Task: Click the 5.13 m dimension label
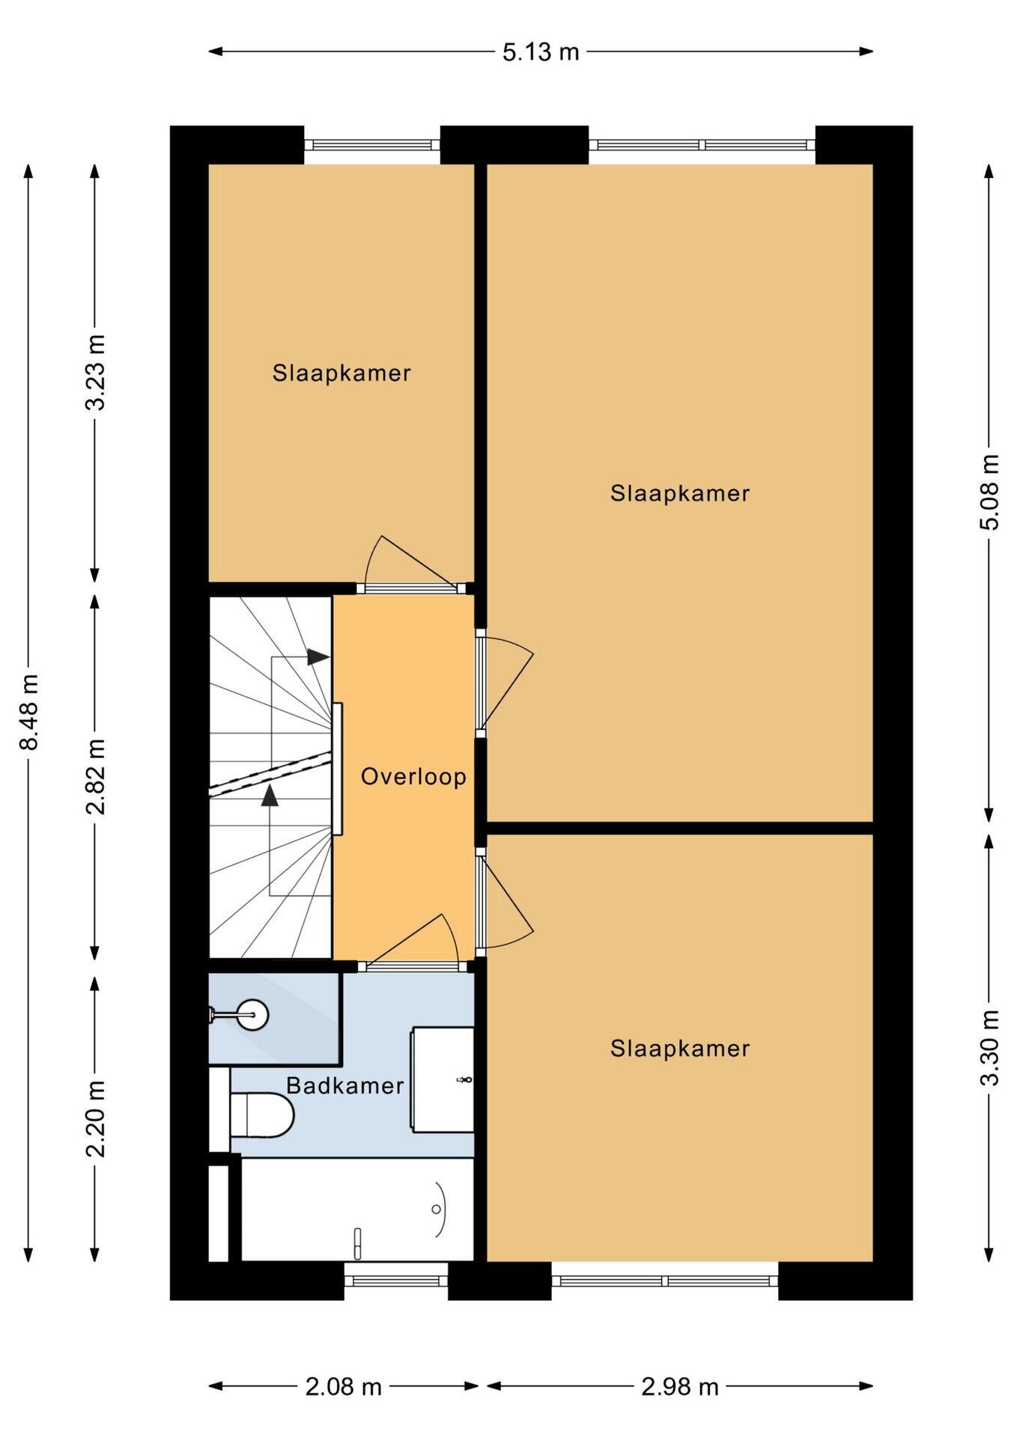[541, 52]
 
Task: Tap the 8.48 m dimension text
[29, 712]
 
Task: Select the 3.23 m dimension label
[95, 372]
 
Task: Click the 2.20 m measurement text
[95, 1118]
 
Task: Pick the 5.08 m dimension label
[989, 492]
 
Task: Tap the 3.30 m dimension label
[989, 1047]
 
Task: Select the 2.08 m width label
[344, 1387]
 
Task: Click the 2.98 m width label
[680, 1387]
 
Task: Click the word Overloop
[413, 776]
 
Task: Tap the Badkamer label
[344, 1085]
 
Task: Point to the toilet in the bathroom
[261, 1114]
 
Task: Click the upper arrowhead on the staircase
[318, 657]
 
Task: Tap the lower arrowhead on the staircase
[270, 796]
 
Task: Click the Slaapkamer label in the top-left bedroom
[341, 373]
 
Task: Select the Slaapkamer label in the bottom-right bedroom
[680, 1048]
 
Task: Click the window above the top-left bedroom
[372, 145]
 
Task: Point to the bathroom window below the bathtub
[396, 1281]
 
